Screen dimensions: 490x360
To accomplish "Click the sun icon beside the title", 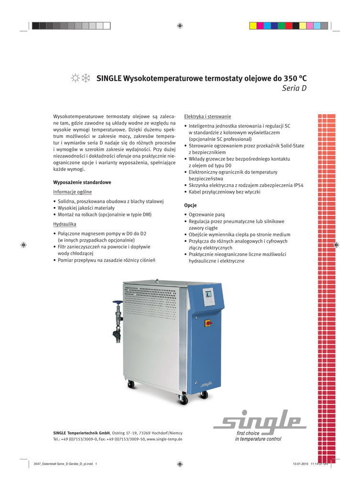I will [x=75, y=78].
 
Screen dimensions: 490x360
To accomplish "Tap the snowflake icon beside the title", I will [x=86, y=78].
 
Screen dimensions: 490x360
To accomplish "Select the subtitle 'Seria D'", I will [x=294, y=89].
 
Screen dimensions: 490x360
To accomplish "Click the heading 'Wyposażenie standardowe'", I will [x=82, y=182].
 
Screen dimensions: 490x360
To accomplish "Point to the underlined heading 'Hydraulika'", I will [x=64, y=224].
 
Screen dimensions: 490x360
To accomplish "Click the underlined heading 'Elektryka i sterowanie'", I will [x=207, y=116].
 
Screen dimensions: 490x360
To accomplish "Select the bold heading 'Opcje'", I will [x=191, y=205].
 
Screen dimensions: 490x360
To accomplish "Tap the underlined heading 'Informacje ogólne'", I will [x=72, y=192].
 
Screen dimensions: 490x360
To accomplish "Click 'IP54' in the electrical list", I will [x=298, y=185].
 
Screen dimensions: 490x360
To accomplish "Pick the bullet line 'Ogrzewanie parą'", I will [x=210, y=215].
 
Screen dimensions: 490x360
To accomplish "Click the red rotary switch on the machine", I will [x=208, y=323].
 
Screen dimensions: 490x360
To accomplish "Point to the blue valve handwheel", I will [x=117, y=302].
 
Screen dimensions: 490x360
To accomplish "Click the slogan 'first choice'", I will [x=248, y=433].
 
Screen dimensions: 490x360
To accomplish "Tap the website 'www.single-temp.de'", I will [x=164, y=439].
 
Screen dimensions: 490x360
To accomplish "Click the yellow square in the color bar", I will [x=253, y=26].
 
